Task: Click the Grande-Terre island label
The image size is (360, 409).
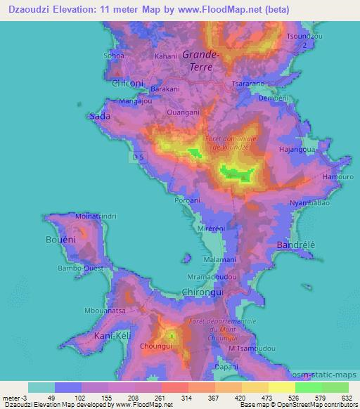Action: tap(202, 60)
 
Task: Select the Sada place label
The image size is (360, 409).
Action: tap(98, 117)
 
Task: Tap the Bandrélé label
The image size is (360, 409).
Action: tap(297, 245)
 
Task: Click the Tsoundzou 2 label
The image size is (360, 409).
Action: tap(304, 39)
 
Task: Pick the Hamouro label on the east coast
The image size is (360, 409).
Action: tap(337, 177)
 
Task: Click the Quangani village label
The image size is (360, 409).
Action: tap(184, 111)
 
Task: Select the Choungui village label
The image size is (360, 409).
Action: tap(155, 346)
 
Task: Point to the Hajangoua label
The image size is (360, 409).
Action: tap(297, 150)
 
